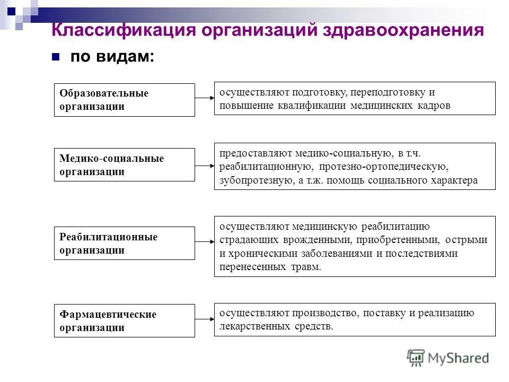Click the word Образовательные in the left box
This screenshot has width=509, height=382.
pos(104,93)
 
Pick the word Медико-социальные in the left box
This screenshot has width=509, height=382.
pos(111,159)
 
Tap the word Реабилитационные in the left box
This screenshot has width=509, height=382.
pos(108,237)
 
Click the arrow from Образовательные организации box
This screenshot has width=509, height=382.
pos(204,98)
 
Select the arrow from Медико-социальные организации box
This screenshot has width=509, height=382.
pos(204,166)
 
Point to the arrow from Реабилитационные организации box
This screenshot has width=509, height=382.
pos(204,242)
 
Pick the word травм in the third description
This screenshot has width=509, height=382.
pos(306,267)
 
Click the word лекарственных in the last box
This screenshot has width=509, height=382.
pos(255,326)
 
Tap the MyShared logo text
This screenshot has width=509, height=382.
pos(459,358)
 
